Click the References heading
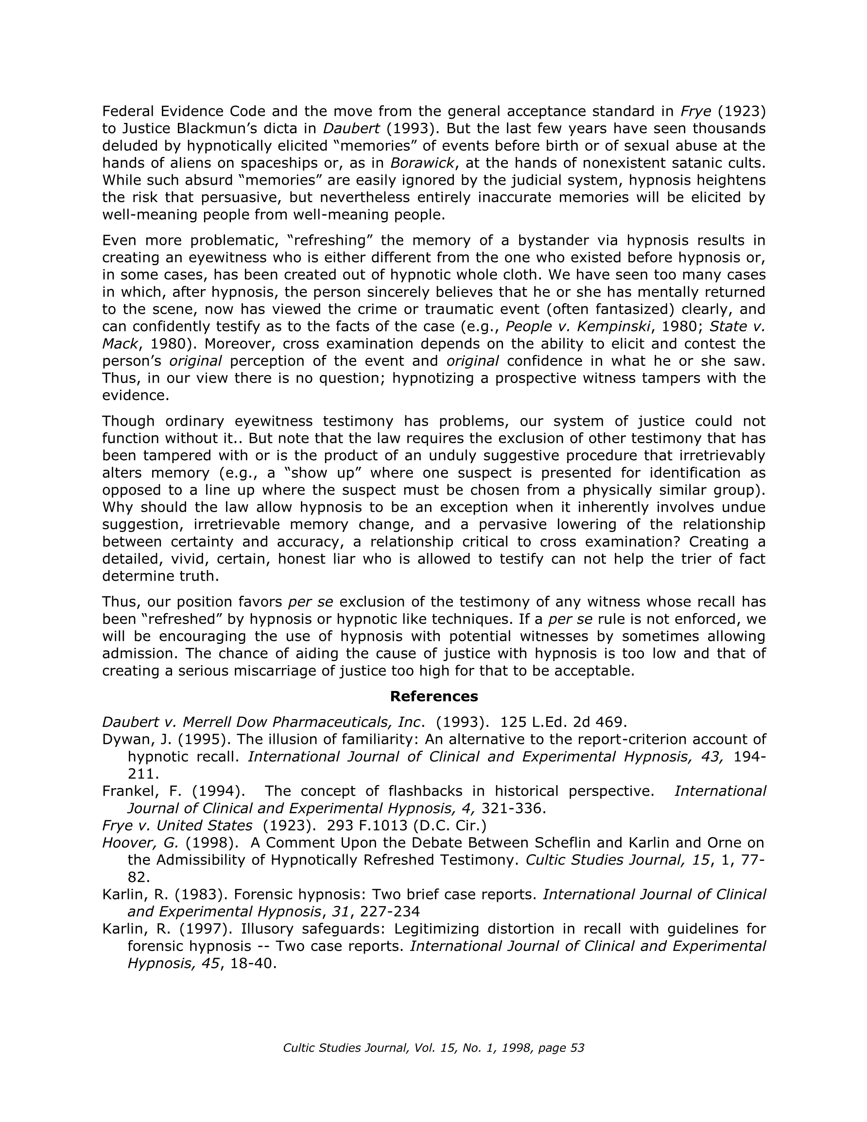pyautogui.click(x=434, y=696)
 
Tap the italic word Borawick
pyautogui.click(x=422, y=163)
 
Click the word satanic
pyautogui.click(x=687, y=163)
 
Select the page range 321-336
pyautogui.click(x=511, y=808)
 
